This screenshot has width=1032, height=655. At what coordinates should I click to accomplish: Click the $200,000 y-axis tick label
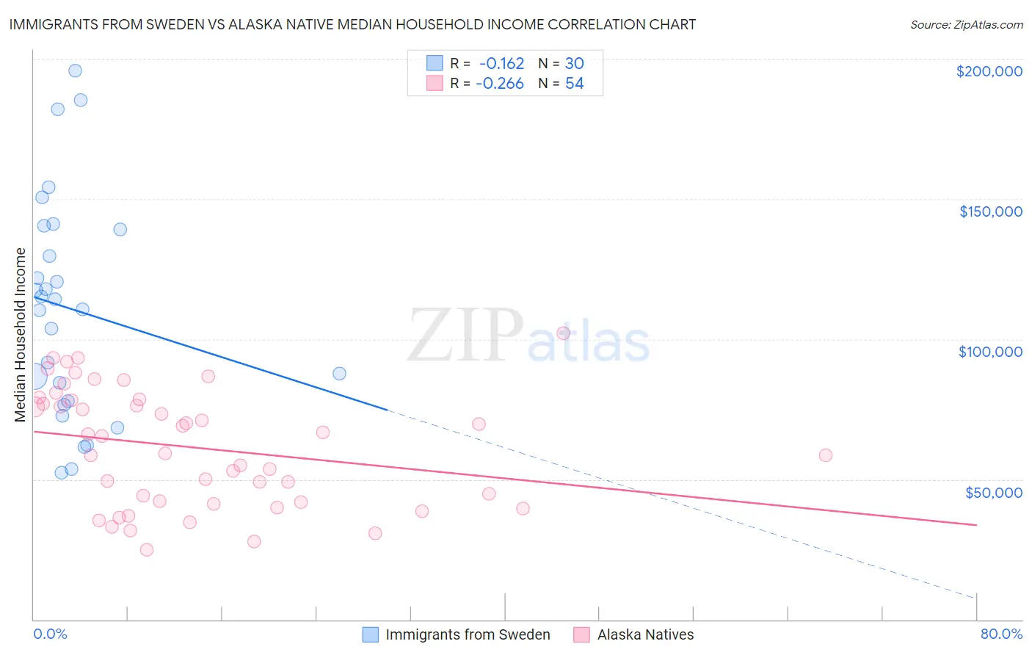pyautogui.click(x=989, y=71)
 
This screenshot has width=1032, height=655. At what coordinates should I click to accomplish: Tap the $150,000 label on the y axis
pyautogui.click(x=990, y=211)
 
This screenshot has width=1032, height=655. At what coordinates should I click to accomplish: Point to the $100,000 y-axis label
pyautogui.click(x=990, y=352)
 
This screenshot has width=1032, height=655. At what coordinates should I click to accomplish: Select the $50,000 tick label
pyautogui.click(x=993, y=492)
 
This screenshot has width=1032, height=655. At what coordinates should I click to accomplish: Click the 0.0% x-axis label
pyautogui.click(x=50, y=634)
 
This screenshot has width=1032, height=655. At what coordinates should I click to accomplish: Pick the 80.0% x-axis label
pyautogui.click(x=1001, y=634)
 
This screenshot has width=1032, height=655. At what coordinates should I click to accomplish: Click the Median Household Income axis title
pyautogui.click(x=20, y=335)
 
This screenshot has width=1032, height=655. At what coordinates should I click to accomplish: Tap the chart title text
pyautogui.click(x=352, y=24)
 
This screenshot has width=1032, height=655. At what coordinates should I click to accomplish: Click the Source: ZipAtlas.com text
pyautogui.click(x=966, y=25)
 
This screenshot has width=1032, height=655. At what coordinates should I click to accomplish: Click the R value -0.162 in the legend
pyautogui.click(x=501, y=64)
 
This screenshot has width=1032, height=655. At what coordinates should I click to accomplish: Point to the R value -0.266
pyautogui.click(x=500, y=84)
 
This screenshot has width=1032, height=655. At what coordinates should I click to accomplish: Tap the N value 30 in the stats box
pyautogui.click(x=574, y=64)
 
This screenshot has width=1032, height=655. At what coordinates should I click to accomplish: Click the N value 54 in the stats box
pyautogui.click(x=574, y=84)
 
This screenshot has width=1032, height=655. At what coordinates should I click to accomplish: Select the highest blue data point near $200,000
pyautogui.click(x=75, y=70)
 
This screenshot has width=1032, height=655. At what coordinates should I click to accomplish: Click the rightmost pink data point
pyautogui.click(x=825, y=455)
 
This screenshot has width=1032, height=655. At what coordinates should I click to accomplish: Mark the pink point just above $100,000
pyautogui.click(x=563, y=333)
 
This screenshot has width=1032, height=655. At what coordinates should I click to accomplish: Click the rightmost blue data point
pyautogui.click(x=339, y=373)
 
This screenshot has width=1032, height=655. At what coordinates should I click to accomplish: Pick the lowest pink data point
pyautogui.click(x=147, y=550)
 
